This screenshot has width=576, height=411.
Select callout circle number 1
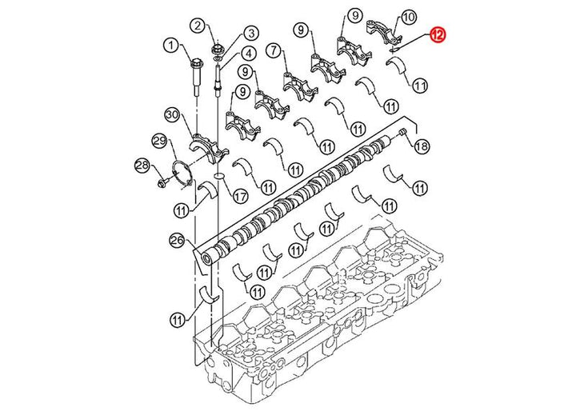pos(170,46)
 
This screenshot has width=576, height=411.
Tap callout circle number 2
pos(198,26)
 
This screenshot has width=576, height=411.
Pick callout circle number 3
pos(251,34)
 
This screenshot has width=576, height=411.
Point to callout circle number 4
pos(249,54)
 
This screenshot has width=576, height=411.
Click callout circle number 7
pos(274,50)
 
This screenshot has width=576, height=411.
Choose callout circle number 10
pos(409,17)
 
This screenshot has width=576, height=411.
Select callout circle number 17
pos(241,196)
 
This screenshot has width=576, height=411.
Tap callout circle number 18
pos(422,147)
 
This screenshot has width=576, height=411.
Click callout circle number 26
pos(177,241)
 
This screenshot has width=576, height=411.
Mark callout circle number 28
pos(142,166)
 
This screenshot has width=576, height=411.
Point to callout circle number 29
pos(160,142)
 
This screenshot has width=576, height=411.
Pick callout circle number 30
pos(171,114)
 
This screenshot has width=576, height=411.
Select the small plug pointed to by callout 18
pos(403,131)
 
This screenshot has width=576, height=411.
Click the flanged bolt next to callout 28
pos(162,182)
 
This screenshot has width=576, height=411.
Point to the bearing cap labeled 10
pos(383,32)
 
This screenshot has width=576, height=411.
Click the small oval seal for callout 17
pos(219,175)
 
